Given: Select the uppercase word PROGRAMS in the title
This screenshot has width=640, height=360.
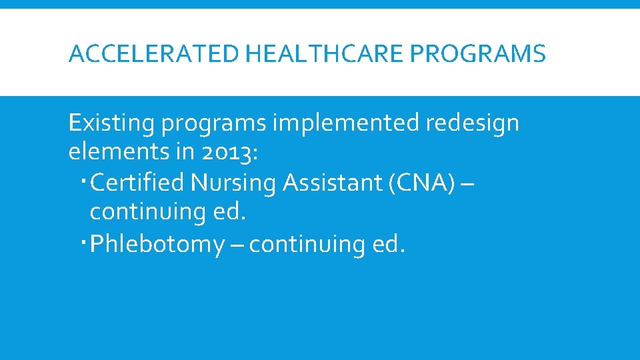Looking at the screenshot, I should click(478, 53).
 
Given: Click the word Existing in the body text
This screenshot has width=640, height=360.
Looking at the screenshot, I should click(113, 123).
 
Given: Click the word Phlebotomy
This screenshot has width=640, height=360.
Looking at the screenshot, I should click(157, 245).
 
